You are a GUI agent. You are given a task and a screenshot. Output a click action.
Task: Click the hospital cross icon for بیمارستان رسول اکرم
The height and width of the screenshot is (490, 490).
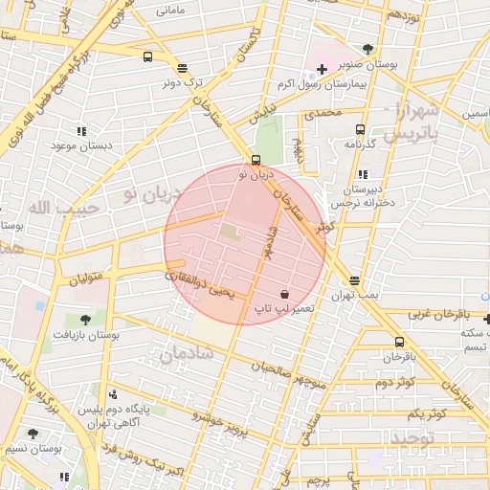[x=322, y=70]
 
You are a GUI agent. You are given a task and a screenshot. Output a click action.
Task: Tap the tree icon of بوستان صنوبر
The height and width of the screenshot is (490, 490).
[x=368, y=49]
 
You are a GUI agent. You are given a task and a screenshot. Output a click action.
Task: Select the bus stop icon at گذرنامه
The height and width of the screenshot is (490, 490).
[x=361, y=129]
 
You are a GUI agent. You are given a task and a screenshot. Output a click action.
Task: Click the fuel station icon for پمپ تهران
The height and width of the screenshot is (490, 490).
[x=355, y=280]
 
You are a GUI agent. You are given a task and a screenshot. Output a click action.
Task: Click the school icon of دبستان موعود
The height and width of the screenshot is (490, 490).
[x=81, y=130]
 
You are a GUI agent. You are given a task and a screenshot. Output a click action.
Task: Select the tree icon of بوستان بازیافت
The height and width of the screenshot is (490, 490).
[x=85, y=320]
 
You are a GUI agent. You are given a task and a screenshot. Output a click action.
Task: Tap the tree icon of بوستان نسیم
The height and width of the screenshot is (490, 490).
[x=33, y=434]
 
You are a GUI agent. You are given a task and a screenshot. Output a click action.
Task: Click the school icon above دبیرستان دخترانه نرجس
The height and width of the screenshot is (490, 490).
[x=362, y=174]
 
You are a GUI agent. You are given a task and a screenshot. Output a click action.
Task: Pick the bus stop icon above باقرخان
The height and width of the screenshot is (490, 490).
[x=399, y=342]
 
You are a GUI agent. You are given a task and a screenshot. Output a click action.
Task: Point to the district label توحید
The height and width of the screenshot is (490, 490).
[x=413, y=437]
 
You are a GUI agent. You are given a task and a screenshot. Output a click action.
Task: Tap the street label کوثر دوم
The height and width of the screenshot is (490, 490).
[x=394, y=383]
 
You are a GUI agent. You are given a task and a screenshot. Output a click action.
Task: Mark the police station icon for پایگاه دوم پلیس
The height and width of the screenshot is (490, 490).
[x=114, y=394]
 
